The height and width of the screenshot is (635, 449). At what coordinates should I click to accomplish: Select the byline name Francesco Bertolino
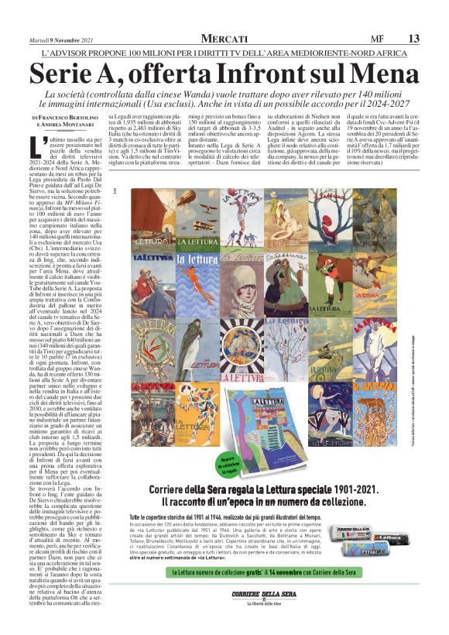(x=68, y=116)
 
